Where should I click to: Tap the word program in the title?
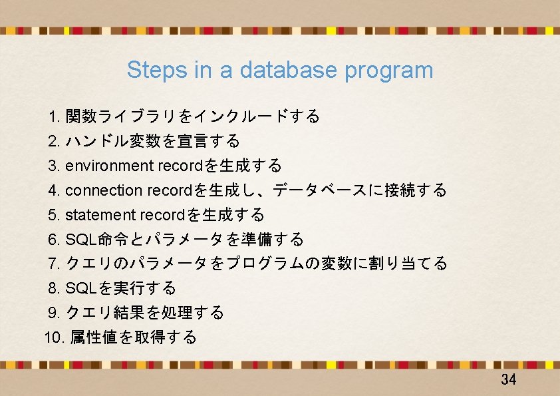click(x=389, y=70)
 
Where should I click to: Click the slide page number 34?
click(x=509, y=380)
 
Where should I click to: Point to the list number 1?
click(x=55, y=117)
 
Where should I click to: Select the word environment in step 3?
click(x=110, y=166)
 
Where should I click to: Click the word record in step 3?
click(x=175, y=166)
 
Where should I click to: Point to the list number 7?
click(x=55, y=264)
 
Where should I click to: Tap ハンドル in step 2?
click(x=90, y=142)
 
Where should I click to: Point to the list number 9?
click(x=55, y=313)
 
